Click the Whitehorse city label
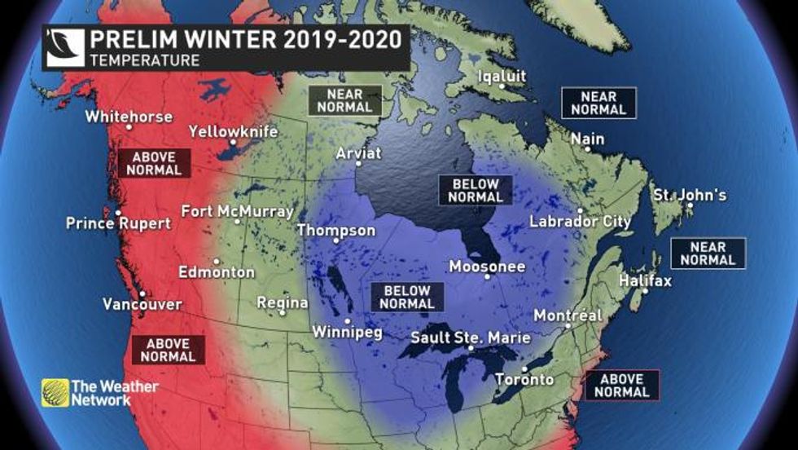click(129, 117)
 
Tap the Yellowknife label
click(233, 131)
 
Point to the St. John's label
click(690, 196)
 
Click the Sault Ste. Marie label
click(471, 337)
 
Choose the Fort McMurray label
click(237, 211)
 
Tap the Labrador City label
click(580, 221)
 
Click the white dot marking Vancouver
click(142, 293)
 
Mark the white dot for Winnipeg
click(348, 320)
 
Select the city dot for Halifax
click(644, 291)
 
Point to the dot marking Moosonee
click(489, 277)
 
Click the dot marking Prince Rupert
click(119, 213)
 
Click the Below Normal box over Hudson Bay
click(476, 190)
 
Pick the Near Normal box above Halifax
click(708, 254)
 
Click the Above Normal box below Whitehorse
click(154, 164)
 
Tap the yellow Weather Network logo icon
click(55, 392)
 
